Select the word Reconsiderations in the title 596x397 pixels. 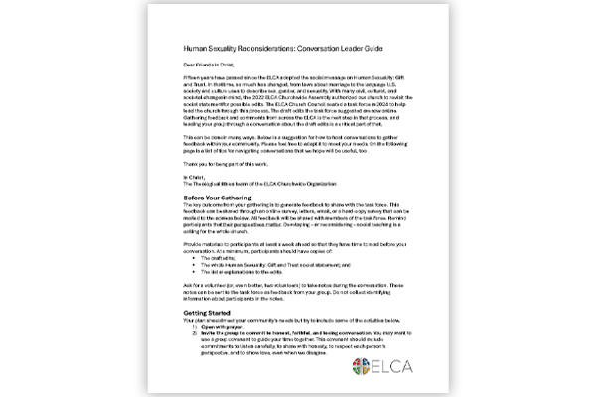(275, 47)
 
